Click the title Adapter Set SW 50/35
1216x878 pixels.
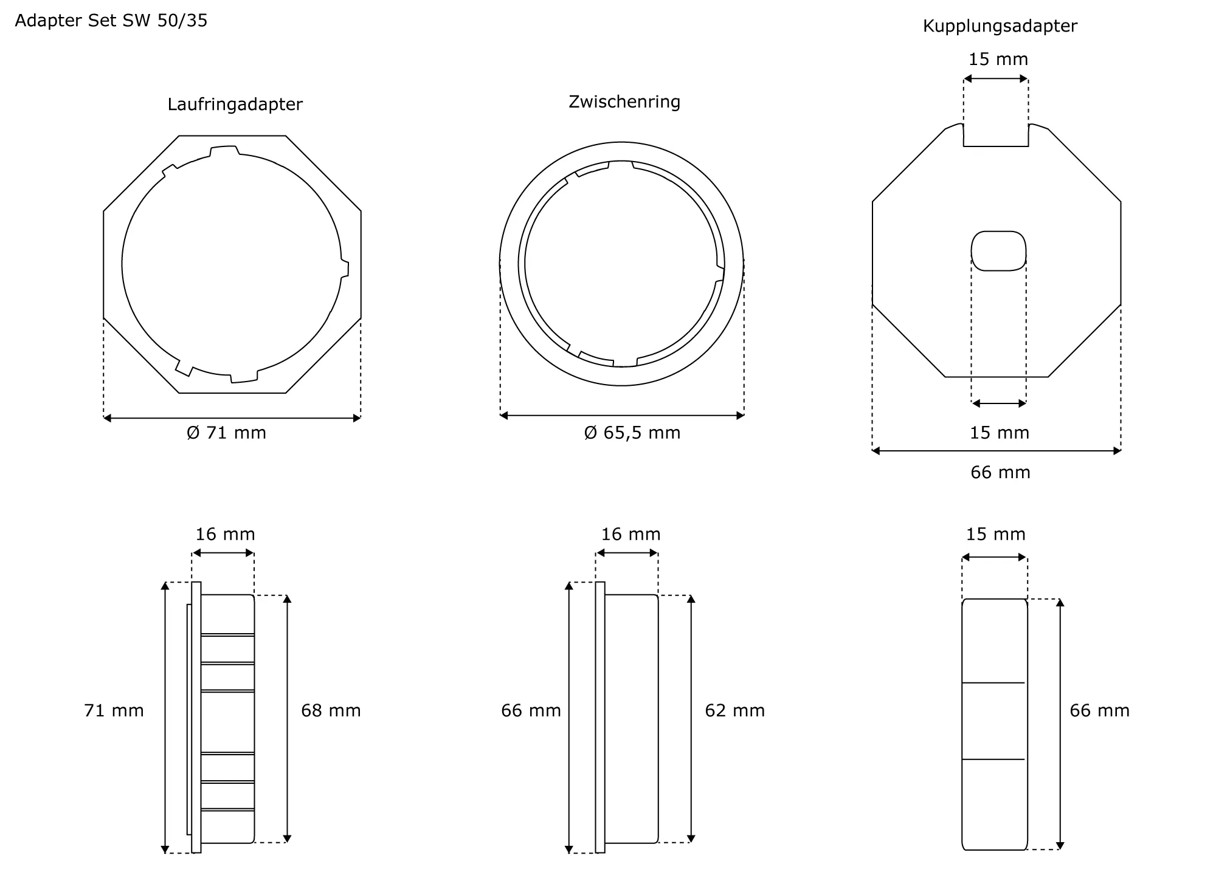point(111,21)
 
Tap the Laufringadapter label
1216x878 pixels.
point(235,105)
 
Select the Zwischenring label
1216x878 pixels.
point(624,101)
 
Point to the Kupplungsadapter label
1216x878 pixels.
point(1000,26)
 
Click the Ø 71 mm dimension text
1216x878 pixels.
point(227,433)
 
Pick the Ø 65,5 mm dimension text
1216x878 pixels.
point(632,433)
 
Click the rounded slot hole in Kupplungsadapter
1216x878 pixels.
point(998,251)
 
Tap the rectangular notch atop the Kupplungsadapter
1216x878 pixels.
point(996,135)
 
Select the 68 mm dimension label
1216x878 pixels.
point(331,710)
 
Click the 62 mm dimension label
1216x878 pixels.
point(735,710)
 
